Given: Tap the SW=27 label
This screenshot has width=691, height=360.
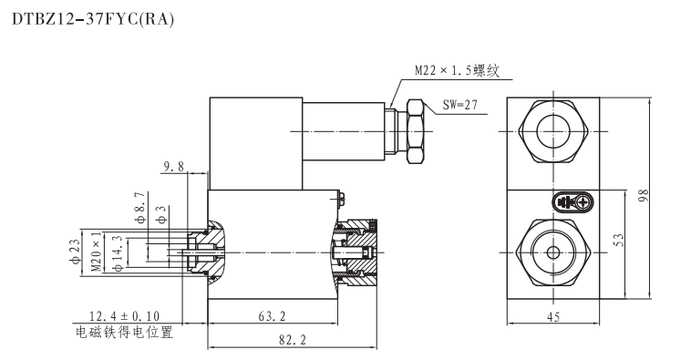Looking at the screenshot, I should (464, 105).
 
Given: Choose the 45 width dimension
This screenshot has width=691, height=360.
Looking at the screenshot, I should (552, 316).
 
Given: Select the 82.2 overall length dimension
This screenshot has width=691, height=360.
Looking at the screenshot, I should (294, 339).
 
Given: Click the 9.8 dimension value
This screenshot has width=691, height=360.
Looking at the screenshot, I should (173, 166).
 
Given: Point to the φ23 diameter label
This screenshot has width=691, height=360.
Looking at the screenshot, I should (75, 248).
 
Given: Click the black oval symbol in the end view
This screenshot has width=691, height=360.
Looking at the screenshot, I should (570, 202).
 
